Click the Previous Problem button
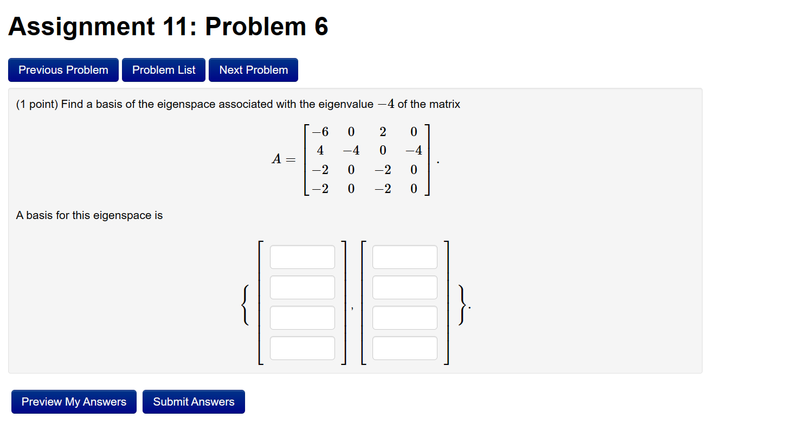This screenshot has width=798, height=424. pyautogui.click(x=63, y=70)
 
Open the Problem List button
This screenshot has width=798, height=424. pyautogui.click(x=164, y=70)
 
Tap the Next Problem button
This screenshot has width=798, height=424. pyautogui.click(x=253, y=70)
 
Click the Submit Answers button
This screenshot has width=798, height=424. pyautogui.click(x=194, y=402)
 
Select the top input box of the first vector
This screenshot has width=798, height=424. pyautogui.click(x=303, y=257)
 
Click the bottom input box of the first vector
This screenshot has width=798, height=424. pyautogui.click(x=303, y=348)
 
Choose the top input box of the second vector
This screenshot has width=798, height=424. pyautogui.click(x=404, y=257)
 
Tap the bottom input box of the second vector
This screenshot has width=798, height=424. pyautogui.click(x=404, y=348)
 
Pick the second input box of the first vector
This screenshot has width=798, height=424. pyautogui.click(x=303, y=287)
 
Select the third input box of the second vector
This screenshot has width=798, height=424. pyautogui.click(x=404, y=318)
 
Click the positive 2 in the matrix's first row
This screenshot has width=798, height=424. pyautogui.click(x=383, y=132)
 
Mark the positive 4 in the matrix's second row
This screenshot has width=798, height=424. pyautogui.click(x=320, y=151)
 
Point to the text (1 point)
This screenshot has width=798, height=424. pyautogui.click(x=37, y=104)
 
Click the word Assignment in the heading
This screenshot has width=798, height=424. pyautogui.click(x=81, y=27)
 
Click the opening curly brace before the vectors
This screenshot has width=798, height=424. pyautogui.click(x=246, y=305)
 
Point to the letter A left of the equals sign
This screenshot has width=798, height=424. pyautogui.click(x=276, y=160)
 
